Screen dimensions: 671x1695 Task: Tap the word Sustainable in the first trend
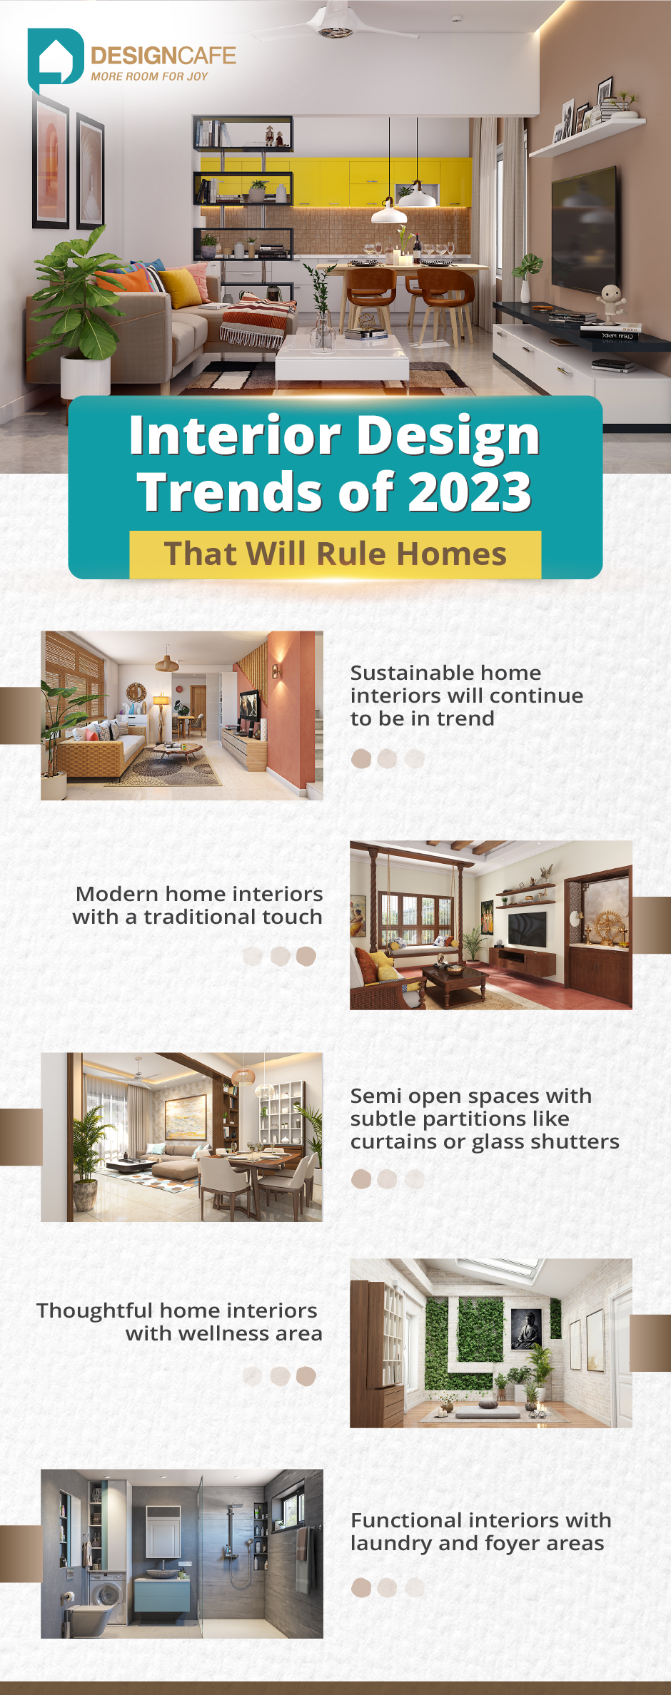pyautogui.click(x=410, y=673)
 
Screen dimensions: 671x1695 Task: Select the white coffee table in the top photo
pyautogui.click(x=342, y=356)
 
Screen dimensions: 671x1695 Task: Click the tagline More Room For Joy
pyautogui.click(x=149, y=76)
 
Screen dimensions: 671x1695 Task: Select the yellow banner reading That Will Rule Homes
pyautogui.click(x=335, y=554)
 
